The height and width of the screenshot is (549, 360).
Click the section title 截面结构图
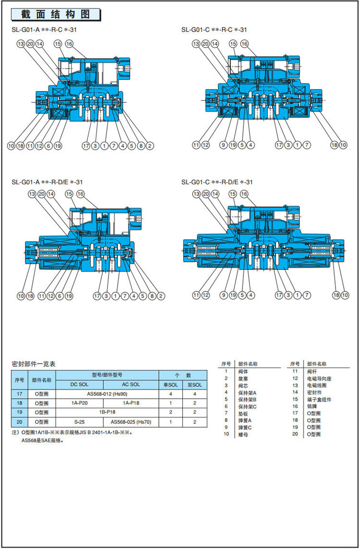(x=56, y=14)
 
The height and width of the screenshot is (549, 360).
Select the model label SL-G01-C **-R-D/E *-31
(x=217, y=182)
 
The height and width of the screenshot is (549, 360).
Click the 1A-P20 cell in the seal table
(x=80, y=403)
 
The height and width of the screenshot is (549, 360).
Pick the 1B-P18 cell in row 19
(x=108, y=412)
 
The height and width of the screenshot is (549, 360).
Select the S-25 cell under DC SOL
(x=80, y=421)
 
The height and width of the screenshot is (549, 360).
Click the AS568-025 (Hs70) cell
(x=131, y=421)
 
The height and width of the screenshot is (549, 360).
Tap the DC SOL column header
(x=80, y=384)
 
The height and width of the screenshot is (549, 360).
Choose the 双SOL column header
(x=195, y=384)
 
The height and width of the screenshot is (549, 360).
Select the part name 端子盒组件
(x=319, y=399)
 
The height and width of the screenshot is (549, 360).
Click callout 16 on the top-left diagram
(x=69, y=44)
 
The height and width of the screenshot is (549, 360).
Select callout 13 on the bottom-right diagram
(x=196, y=194)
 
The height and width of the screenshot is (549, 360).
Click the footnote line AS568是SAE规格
(x=42, y=440)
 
